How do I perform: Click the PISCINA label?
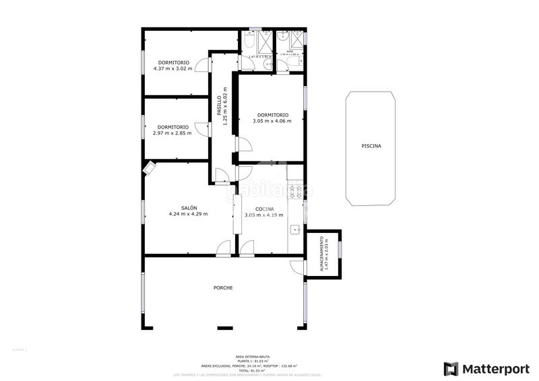point(371,145)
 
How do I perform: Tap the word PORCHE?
point(223,288)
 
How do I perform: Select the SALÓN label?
point(189,208)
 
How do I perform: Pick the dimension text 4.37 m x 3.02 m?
point(172,69)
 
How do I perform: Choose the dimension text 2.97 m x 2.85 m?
point(172,133)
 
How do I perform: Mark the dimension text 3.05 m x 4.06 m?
point(272,121)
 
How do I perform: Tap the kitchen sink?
point(295,231)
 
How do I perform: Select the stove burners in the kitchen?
point(294,193)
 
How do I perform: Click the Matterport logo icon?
point(451,368)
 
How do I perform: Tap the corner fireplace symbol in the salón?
point(149,168)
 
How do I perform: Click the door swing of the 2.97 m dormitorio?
point(201,127)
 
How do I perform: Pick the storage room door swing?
point(296,266)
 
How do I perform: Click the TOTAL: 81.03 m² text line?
point(249,370)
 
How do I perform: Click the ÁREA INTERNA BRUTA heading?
point(249,357)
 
